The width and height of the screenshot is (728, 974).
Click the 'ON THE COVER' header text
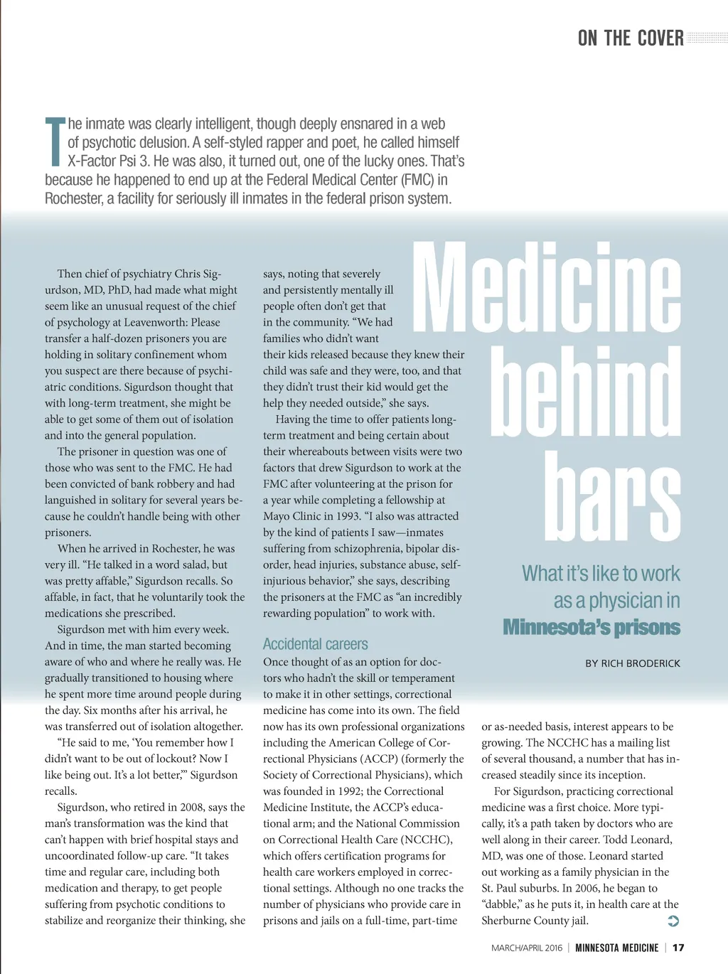point(631,38)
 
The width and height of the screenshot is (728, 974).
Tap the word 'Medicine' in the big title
point(547,288)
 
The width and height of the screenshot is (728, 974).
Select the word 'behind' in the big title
point(585,392)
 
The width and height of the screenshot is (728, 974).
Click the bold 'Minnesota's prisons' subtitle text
point(591,627)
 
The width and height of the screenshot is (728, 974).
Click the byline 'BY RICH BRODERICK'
point(633,663)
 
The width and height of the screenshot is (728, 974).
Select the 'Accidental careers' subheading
point(315,644)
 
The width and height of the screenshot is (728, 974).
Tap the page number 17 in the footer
point(678,948)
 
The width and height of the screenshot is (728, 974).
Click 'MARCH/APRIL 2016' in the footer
point(526,948)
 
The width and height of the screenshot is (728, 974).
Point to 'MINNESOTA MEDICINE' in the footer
point(616,948)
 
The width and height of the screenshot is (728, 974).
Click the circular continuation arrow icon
point(673,921)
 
